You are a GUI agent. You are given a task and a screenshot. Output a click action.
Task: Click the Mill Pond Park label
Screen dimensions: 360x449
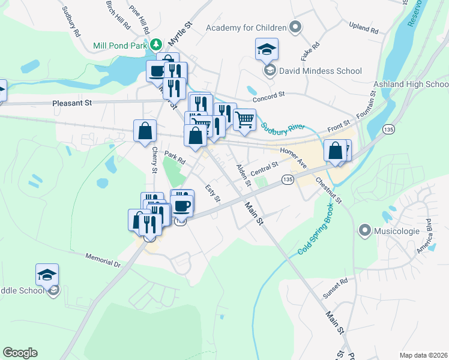tap(120, 46)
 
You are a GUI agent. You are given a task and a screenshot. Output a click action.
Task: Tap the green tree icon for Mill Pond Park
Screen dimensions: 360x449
tap(156, 45)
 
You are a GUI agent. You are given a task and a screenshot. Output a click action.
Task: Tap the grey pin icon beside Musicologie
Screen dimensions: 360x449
tap(364, 230)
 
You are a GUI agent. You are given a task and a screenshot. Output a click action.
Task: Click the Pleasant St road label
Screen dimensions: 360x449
tap(71, 103)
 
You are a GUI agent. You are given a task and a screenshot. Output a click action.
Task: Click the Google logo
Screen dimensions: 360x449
tap(20, 353)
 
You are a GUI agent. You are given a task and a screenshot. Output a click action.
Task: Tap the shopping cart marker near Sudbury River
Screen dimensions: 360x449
tap(244, 120)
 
